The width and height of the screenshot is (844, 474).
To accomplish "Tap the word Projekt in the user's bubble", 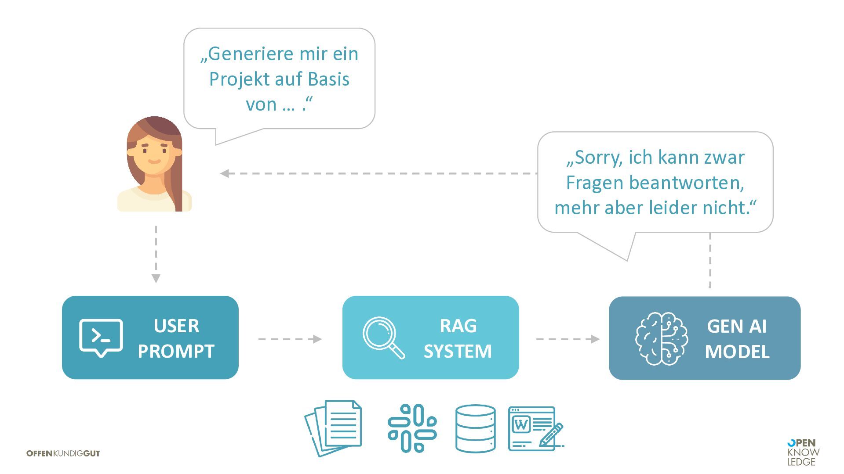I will [x=233, y=79].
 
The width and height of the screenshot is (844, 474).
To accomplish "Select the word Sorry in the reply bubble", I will [x=598, y=157].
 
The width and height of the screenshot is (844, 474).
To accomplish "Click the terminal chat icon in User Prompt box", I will [x=101, y=338].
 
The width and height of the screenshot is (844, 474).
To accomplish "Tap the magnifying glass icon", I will [x=383, y=337].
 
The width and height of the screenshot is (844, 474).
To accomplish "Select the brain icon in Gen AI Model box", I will [x=661, y=338].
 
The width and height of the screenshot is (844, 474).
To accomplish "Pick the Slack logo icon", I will [x=412, y=428].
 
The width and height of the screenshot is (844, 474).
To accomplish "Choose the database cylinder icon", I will [x=475, y=428].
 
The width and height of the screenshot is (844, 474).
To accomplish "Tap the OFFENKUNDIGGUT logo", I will [x=63, y=453].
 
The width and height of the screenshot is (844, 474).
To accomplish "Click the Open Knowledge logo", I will [x=803, y=452].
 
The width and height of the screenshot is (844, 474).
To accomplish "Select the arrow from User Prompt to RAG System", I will [x=290, y=339].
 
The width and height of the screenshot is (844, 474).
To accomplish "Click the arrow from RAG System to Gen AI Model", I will [x=568, y=339].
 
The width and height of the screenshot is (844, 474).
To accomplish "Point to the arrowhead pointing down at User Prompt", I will [x=156, y=278].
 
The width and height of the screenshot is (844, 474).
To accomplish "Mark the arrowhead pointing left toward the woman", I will [x=225, y=173].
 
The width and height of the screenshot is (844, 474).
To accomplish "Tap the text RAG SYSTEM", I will [x=458, y=338].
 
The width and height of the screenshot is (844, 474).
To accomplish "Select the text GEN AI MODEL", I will [x=737, y=339].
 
